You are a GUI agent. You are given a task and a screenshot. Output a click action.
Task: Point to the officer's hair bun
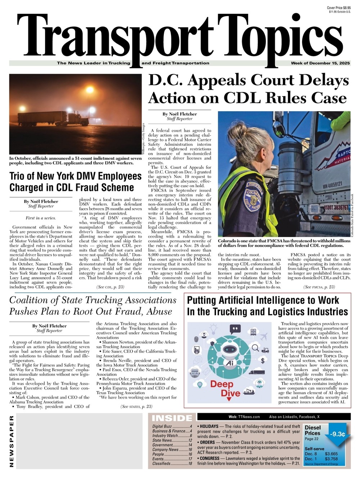tap(241, 129)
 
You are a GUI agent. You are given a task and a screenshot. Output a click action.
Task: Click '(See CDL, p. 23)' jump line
tap(110, 287)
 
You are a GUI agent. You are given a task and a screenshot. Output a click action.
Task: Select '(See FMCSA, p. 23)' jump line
tap(319, 287)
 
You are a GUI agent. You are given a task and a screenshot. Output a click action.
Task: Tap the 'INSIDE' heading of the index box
tap(172, 418)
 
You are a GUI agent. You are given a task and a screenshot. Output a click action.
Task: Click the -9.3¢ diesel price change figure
tap(337, 434)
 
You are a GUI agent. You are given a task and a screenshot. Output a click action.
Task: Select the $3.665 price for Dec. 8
tap(331, 454)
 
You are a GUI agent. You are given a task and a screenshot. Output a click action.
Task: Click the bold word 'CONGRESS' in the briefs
tap(210, 458)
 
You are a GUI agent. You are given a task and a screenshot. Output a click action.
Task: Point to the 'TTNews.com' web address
tap(249, 417)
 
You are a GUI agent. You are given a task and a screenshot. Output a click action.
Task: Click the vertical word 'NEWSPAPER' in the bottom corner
tap(12, 441)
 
